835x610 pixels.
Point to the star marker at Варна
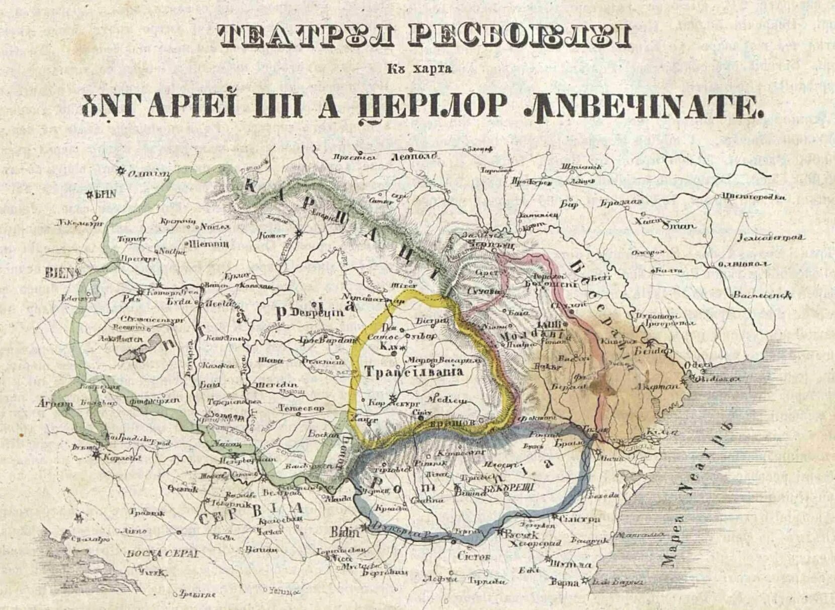(585, 581)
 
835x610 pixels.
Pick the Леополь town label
(414, 156)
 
